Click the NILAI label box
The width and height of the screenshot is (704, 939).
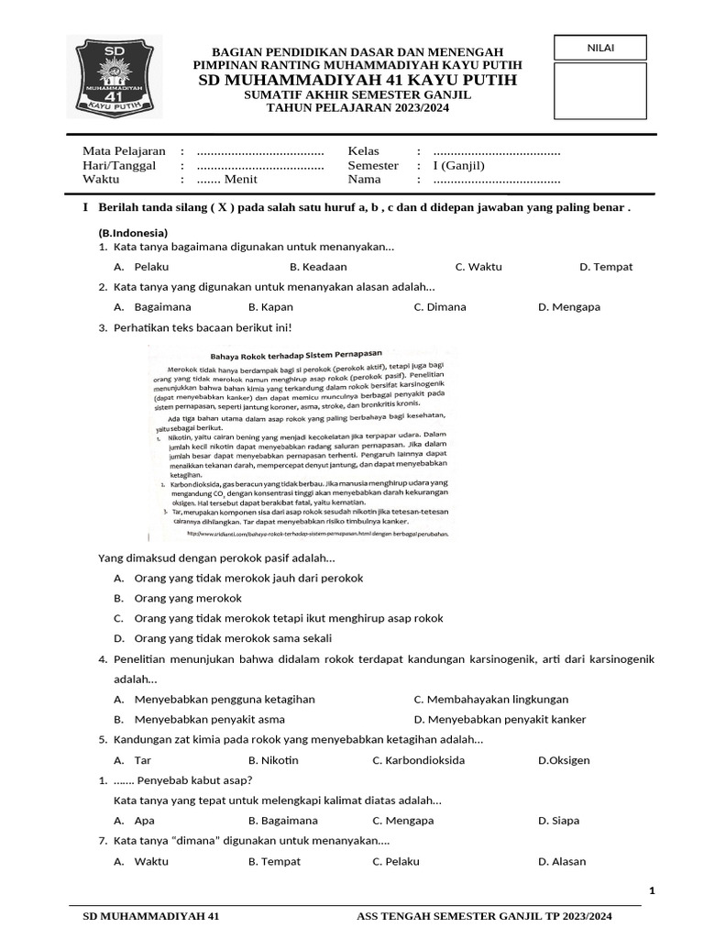(600, 48)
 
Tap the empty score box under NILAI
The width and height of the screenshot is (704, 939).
(600, 91)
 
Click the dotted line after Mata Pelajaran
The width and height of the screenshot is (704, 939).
(260, 151)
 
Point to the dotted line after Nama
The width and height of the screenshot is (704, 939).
(496, 181)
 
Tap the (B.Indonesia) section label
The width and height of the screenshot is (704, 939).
(133, 233)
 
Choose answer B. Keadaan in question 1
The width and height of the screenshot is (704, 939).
(318, 267)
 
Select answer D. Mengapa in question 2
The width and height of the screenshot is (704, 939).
(568, 307)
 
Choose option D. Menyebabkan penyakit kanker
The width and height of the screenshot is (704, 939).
(500, 719)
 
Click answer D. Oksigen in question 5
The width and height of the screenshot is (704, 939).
(564, 760)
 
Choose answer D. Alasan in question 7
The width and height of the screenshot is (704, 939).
(561, 861)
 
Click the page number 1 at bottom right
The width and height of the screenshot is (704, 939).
(652, 890)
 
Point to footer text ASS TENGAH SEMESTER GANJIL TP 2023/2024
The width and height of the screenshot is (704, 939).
(484, 916)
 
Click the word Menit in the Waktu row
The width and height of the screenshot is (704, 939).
(240, 181)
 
